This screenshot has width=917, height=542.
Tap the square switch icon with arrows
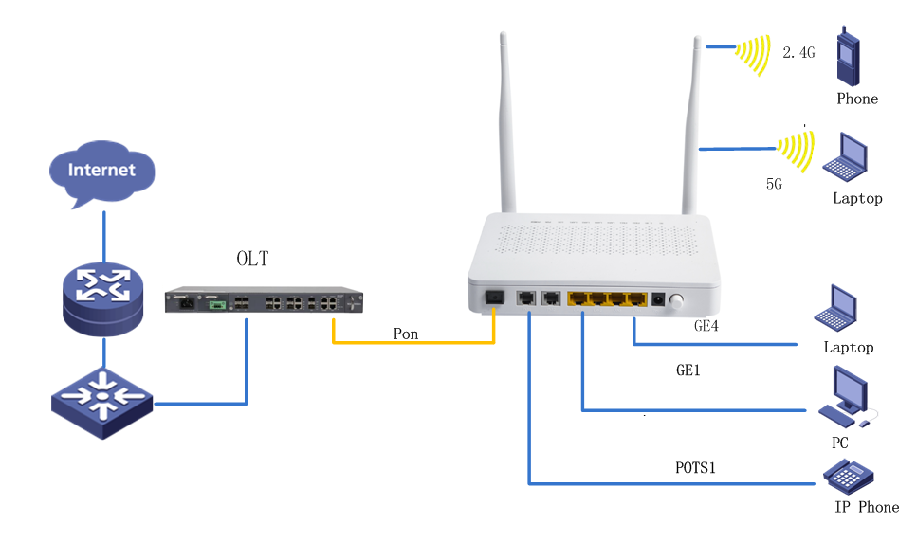coord(101,402)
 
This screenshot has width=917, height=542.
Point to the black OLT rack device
coord(265,300)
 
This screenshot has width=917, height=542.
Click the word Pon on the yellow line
coord(406,334)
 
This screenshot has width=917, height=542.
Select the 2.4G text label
coord(798,54)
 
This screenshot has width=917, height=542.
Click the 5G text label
coord(774,184)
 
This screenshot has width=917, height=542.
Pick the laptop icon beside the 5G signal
coord(845,157)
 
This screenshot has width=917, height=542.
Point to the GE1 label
coord(688,370)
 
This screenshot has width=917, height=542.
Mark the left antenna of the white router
coord(506,123)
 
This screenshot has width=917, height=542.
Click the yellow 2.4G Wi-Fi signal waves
coord(754,53)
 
